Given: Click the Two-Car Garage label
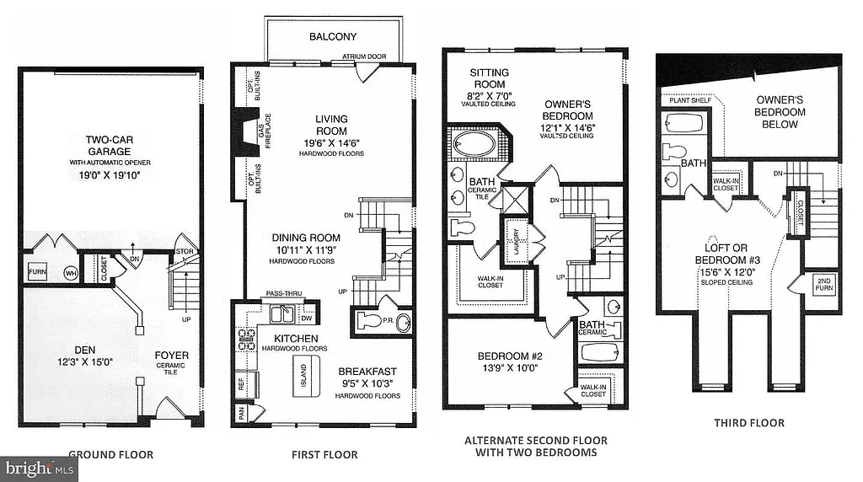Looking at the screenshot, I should point(110,145).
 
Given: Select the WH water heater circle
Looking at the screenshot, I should point(69,273).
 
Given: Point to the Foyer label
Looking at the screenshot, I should point(171,355).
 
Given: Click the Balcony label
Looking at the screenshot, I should point(332,36).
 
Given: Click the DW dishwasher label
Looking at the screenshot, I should point(307,319).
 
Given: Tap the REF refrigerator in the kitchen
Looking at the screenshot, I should point(241,382).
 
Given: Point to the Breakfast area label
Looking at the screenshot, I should point(367,371).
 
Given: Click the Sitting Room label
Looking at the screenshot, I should point(489,78).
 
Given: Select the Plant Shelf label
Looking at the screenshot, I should point(690,100).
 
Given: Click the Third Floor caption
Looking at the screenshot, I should point(748,423).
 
